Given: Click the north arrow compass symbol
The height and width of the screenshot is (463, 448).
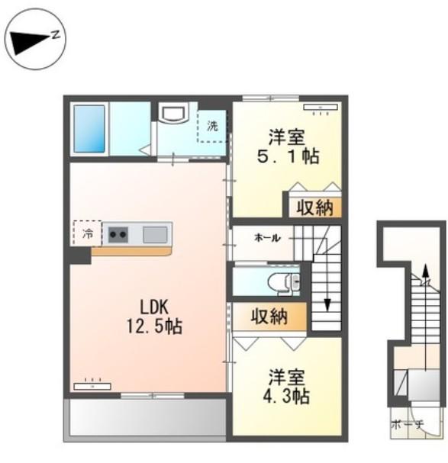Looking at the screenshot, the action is click(x=36, y=39).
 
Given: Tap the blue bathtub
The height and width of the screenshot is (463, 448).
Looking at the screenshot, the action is click(x=89, y=129).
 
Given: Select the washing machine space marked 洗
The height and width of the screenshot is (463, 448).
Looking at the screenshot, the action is click(x=212, y=126).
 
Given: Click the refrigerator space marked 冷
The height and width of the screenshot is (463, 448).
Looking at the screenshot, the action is click(x=87, y=233).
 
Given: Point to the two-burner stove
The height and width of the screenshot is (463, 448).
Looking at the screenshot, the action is click(x=118, y=234).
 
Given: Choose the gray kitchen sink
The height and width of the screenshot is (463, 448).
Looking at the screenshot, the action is click(x=155, y=234).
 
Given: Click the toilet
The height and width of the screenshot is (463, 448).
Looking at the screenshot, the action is click(x=283, y=281).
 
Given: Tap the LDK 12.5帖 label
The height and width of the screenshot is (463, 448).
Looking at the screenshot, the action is click(x=154, y=317).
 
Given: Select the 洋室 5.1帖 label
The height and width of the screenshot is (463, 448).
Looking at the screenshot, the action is click(x=288, y=146).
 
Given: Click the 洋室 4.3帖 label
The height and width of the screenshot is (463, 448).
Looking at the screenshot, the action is click(x=286, y=386).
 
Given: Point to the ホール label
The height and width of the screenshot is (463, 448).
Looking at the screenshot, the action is click(x=267, y=238).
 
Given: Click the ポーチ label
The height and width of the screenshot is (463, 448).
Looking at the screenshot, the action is click(x=408, y=424).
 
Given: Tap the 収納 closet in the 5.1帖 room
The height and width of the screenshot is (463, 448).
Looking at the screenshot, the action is click(x=315, y=207).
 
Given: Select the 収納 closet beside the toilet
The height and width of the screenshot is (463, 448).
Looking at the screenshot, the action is click(x=269, y=317).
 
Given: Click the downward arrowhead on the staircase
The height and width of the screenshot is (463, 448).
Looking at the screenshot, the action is click(x=327, y=305).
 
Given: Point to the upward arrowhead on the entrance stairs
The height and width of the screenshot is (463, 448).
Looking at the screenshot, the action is click(x=425, y=271).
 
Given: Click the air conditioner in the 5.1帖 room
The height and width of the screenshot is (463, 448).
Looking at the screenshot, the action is click(x=321, y=108).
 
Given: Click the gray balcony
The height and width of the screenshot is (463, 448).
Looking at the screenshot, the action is click(x=147, y=417).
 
